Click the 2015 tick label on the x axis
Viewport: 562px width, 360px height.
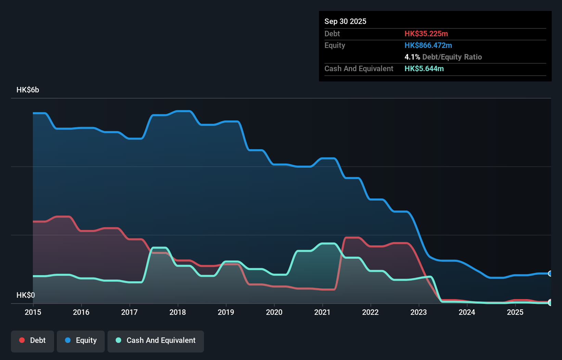pyautogui.click(x=33, y=312)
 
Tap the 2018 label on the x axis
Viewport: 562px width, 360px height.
pyautogui.click(x=178, y=312)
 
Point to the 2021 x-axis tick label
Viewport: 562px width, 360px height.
pyautogui.click(x=322, y=312)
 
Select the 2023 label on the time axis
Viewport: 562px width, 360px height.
pyautogui.click(x=419, y=312)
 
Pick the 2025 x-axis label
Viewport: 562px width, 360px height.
pyautogui.click(x=515, y=312)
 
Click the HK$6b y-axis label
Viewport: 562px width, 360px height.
pyautogui.click(x=28, y=90)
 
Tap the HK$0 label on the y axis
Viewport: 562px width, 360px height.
pyautogui.click(x=26, y=295)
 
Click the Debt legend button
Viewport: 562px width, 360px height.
pyautogui.click(x=33, y=340)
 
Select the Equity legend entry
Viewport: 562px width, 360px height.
pyautogui.click(x=81, y=340)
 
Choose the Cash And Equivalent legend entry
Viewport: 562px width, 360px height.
pyautogui.click(x=156, y=340)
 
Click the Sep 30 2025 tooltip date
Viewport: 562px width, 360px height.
pyautogui.click(x=345, y=21)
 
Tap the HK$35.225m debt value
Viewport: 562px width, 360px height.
pyautogui.click(x=426, y=34)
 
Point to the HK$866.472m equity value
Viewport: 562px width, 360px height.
pyautogui.click(x=428, y=45)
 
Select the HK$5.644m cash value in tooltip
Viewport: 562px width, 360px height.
pyautogui.click(x=424, y=68)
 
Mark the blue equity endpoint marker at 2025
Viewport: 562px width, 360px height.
pyautogui.click(x=550, y=273)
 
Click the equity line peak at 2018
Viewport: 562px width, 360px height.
pyautogui.click(x=183, y=111)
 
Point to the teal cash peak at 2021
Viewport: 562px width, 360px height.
pyautogui.click(x=328, y=244)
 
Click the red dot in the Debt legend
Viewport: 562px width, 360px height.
pyautogui.click(x=22, y=340)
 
